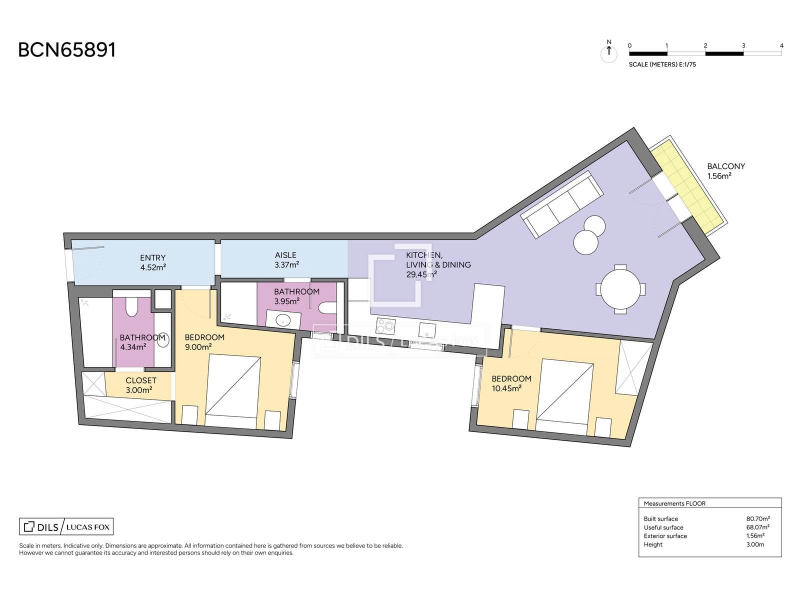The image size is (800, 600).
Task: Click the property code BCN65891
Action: click(x=66, y=50)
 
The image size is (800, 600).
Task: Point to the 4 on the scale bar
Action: click(x=781, y=45)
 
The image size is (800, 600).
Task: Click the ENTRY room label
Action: click(x=152, y=258)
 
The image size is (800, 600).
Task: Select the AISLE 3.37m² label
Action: click(x=286, y=260)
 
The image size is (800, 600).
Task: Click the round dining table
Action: click(x=620, y=289)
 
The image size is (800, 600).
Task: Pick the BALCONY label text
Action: click(x=726, y=166)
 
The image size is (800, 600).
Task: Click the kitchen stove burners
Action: click(x=385, y=325)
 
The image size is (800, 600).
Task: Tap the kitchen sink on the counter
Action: click(x=426, y=330)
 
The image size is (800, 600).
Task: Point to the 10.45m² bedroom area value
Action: click(x=506, y=388)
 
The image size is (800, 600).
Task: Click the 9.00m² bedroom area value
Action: click(x=198, y=347)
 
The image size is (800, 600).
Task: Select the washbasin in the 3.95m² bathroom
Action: click(x=283, y=320)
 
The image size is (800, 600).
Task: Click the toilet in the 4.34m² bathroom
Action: click(x=131, y=306)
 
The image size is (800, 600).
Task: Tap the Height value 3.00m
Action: click(x=755, y=544)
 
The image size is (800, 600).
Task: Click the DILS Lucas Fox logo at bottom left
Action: click(x=66, y=526)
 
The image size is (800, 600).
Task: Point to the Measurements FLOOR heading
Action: click(x=674, y=503)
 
